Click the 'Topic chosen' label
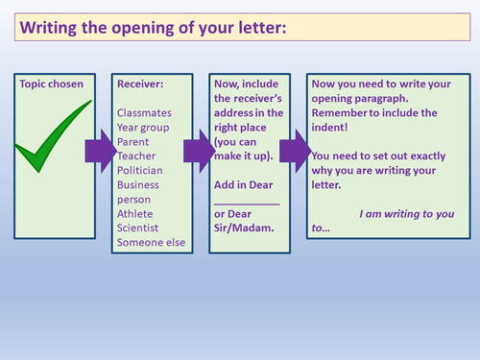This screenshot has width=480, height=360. [51, 84]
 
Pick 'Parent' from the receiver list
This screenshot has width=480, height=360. [134, 141]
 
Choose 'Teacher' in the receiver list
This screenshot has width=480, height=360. [137, 156]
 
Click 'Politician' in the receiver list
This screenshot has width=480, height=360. [142, 170]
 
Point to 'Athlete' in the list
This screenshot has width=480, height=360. [136, 213]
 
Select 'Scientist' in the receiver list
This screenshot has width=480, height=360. [139, 228]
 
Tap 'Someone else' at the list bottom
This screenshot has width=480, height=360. [149, 242]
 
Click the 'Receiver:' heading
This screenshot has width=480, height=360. [140, 84]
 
